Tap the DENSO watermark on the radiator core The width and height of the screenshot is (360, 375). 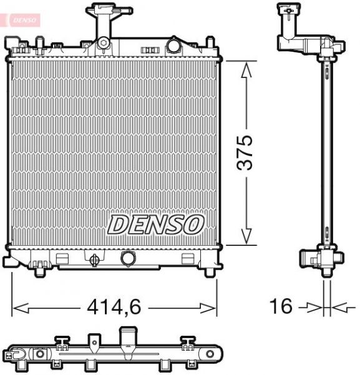(157, 224)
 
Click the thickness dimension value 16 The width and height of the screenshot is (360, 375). (281, 306)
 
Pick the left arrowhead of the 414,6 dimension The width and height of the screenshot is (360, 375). (19, 307)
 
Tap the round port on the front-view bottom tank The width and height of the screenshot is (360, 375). (127, 258)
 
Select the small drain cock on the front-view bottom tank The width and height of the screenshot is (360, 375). (94, 259)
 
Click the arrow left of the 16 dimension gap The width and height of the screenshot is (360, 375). (312, 307)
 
